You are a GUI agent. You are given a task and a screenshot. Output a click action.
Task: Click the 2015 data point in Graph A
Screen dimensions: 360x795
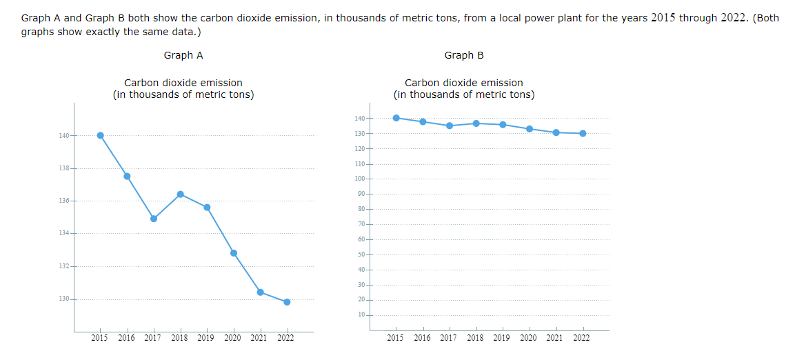coord(101,135)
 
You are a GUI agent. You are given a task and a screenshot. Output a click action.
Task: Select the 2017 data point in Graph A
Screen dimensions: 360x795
coord(154,219)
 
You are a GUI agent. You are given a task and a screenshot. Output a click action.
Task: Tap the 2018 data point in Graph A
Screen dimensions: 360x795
coord(180,194)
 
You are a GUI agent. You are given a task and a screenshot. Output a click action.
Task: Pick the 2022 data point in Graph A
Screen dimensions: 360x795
coord(287,302)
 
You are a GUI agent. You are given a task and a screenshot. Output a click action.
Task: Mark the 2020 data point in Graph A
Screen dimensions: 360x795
coord(234,253)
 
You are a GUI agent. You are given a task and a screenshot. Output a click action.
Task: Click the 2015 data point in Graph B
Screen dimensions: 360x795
coord(396,118)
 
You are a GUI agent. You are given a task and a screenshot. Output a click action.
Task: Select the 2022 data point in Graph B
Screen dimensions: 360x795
coord(583,133)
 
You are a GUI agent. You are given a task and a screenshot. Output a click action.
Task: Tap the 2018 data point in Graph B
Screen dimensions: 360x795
coord(476,123)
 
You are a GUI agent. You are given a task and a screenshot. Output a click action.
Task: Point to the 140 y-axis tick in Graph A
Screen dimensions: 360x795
coord(64,135)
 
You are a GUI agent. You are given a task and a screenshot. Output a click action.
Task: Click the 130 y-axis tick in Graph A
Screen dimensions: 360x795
coord(64,299)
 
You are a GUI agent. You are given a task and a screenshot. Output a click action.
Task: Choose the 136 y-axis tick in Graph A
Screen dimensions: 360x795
coord(64,201)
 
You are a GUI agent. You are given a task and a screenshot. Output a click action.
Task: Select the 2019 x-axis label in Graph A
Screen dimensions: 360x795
coord(206,338)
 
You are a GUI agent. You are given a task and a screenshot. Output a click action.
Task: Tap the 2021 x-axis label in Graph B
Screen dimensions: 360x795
coord(555,338)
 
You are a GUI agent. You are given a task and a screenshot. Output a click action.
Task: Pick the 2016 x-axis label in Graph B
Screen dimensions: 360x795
coord(422,338)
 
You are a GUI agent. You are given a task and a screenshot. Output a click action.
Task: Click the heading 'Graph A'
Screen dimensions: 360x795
coord(183,55)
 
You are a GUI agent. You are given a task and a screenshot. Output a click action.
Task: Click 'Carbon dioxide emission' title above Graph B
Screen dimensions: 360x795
coord(464,83)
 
